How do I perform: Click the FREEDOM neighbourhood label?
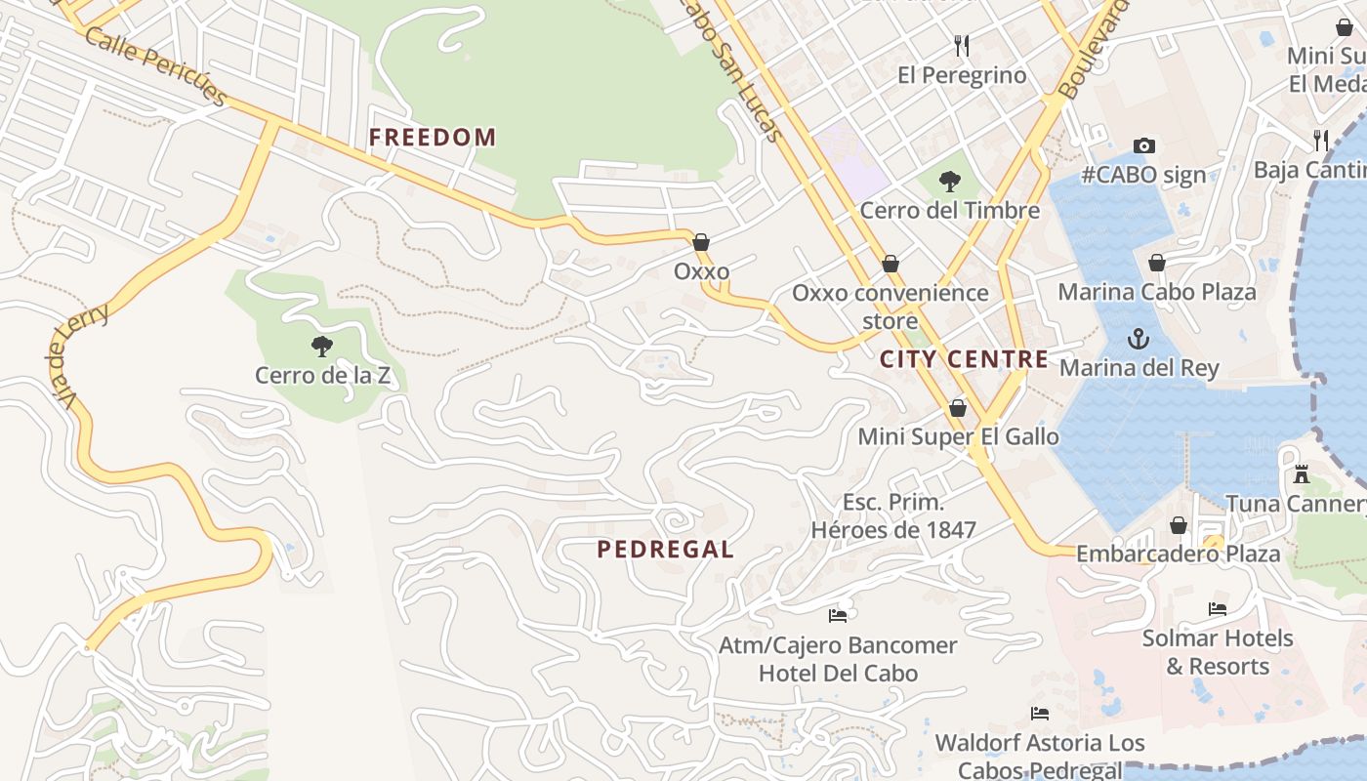click(433, 138)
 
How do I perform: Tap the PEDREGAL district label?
click(665, 550)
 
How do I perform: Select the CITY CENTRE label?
click(964, 359)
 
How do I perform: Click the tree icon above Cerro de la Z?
click(321, 346)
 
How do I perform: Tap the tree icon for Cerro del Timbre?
click(949, 181)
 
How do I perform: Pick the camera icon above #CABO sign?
click(1144, 146)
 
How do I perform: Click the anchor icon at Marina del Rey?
click(1138, 339)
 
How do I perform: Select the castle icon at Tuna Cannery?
click(1301, 474)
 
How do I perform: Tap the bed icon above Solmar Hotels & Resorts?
click(1217, 609)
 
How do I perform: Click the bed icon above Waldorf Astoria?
click(1040, 714)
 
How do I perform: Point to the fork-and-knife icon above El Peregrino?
click(962, 45)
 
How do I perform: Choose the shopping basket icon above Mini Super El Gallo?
click(958, 408)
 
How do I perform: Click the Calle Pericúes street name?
click(156, 65)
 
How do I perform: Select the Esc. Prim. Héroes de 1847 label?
click(893, 516)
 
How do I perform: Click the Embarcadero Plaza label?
click(1178, 555)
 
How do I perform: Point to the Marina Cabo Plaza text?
click(1157, 292)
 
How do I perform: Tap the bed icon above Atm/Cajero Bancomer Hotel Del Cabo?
click(838, 615)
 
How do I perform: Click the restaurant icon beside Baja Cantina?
click(1321, 140)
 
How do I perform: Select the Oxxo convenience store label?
click(890, 306)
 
